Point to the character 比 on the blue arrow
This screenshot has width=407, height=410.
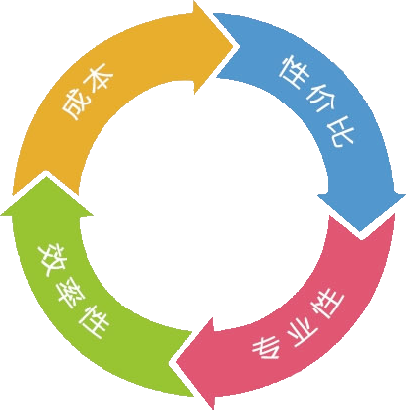coord(339,130)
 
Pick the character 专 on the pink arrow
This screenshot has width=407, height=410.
coord(266,348)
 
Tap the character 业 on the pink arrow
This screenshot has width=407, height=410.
coord(302,332)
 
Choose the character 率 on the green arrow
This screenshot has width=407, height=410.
coord(71,294)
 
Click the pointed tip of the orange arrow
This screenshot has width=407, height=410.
coord(235,46)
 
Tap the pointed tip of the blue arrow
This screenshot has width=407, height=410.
coord(360,231)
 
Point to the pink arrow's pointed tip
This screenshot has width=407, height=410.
coord(176,361)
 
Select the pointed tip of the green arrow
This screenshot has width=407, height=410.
coord(46,177)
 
